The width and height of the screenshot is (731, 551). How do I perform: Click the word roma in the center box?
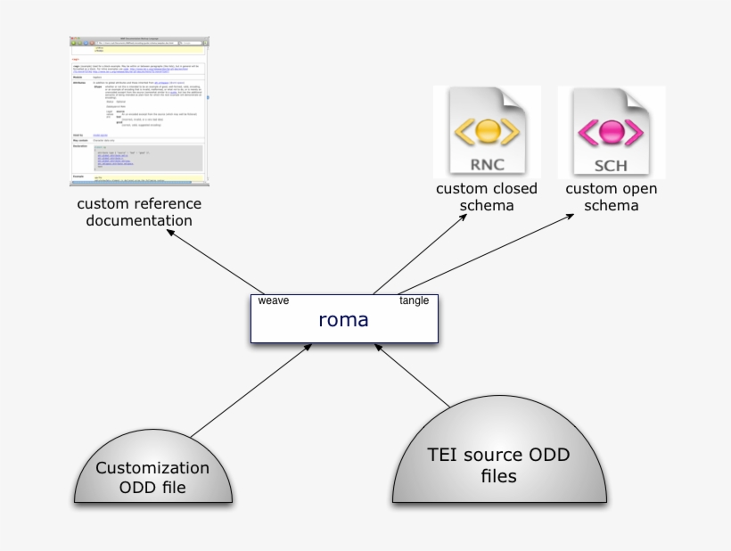tap(343, 319)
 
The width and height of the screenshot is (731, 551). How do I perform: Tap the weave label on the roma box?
tap(273, 300)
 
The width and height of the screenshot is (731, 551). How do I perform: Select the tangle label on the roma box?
tap(414, 300)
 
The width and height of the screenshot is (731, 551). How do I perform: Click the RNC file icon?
tap(487, 132)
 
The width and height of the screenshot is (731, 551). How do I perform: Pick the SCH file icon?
tap(612, 132)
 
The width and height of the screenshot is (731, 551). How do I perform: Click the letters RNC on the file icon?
tap(487, 165)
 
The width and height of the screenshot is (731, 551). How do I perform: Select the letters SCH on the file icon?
tap(612, 165)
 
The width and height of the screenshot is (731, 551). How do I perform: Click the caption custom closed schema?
tap(487, 197)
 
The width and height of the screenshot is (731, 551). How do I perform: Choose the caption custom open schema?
tap(612, 197)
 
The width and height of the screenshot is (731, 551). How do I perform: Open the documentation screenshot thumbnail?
tap(140, 111)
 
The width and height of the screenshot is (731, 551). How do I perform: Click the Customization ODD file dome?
tap(152, 476)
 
